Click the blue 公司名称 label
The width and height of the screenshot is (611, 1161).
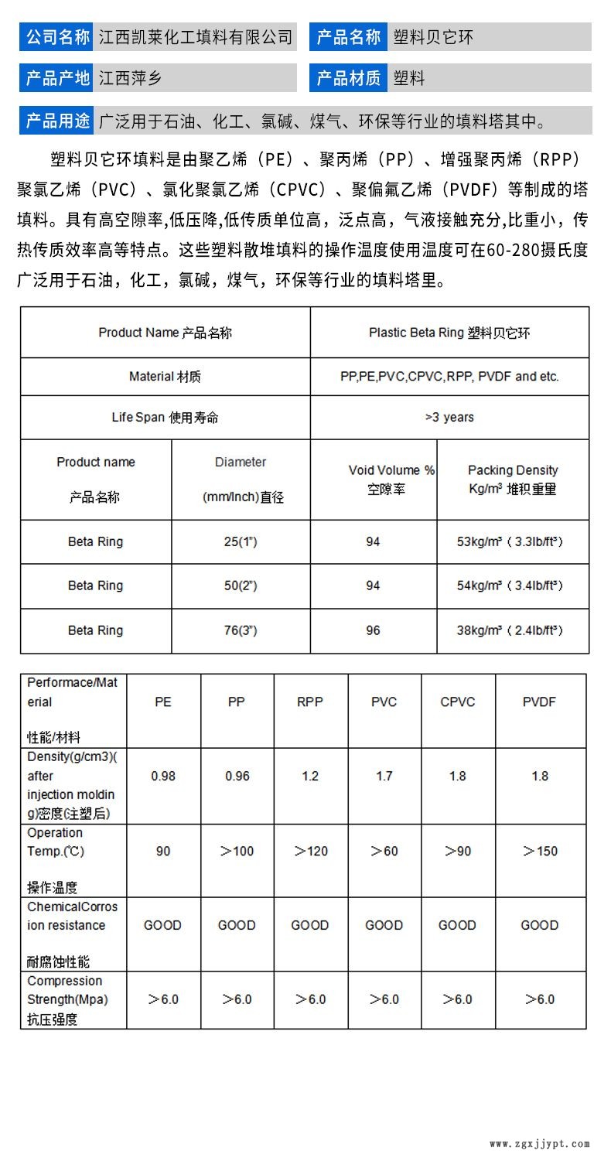click(x=57, y=36)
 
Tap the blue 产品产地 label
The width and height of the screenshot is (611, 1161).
click(x=57, y=77)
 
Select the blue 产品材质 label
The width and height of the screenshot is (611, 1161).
click(x=349, y=77)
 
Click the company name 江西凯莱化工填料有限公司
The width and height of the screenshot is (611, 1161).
click(x=196, y=36)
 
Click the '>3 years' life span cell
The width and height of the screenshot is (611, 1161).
click(x=449, y=417)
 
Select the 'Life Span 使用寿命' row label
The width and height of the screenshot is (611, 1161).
click(x=165, y=417)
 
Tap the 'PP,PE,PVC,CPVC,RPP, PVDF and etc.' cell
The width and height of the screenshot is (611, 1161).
click(x=449, y=377)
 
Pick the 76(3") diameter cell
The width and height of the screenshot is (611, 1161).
click(x=241, y=630)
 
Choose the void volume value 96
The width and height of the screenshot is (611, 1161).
click(x=373, y=630)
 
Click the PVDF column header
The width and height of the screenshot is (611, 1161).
click(x=539, y=702)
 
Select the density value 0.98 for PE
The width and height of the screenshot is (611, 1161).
click(x=162, y=776)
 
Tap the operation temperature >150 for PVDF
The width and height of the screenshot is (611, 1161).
click(x=540, y=851)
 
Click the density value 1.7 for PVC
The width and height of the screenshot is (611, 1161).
click(x=384, y=776)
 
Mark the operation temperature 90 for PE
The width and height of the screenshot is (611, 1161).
click(x=162, y=851)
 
